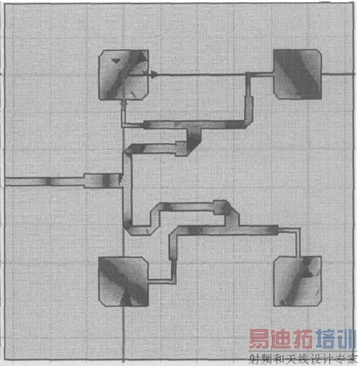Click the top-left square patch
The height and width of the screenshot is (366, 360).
click(x=124, y=75)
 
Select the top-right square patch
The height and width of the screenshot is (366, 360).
click(x=298, y=74)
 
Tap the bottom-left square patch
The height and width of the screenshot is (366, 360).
click(x=124, y=282)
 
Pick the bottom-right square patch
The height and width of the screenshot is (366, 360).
click(x=298, y=281)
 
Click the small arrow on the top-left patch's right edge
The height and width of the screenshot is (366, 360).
click(x=153, y=74)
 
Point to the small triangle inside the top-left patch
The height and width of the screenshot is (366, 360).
click(x=115, y=61)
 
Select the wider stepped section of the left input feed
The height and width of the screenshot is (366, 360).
click(x=103, y=180)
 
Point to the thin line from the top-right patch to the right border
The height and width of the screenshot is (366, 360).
click(x=338, y=74)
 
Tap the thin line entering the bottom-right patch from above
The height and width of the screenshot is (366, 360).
click(x=298, y=242)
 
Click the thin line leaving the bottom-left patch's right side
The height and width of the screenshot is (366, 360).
click(x=160, y=281)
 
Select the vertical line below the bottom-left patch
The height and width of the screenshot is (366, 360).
click(x=124, y=335)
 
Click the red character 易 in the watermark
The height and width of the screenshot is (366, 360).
click(x=260, y=339)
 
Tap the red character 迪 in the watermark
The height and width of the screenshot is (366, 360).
click(x=282, y=339)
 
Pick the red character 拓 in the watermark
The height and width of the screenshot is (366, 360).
click(x=303, y=339)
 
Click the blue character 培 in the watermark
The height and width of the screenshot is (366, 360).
click(x=325, y=339)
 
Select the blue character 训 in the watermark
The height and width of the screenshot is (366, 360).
click(x=346, y=339)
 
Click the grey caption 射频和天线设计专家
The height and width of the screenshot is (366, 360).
click(x=303, y=359)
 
